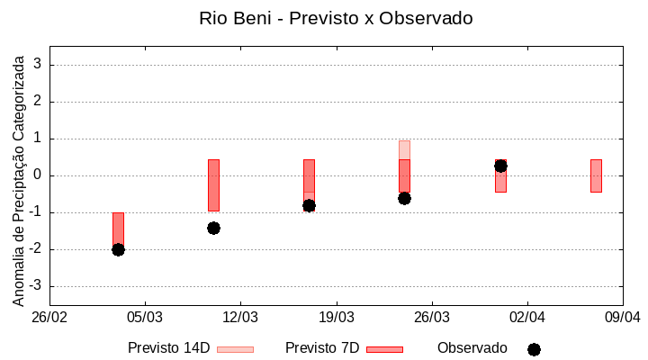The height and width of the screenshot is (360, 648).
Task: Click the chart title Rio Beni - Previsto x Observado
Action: pyautogui.click(x=336, y=18)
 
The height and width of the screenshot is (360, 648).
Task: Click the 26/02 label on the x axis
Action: pyautogui.click(x=49, y=317)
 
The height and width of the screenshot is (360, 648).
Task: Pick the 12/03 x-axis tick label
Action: pyautogui.click(x=240, y=317)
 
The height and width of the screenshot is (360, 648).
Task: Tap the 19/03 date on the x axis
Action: pyautogui.click(x=336, y=317)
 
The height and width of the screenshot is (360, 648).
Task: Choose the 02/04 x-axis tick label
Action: pyautogui.click(x=527, y=317)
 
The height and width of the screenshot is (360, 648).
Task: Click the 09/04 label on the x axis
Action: pyautogui.click(x=622, y=317)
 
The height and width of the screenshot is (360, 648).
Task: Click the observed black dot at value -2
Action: pyautogui.click(x=118, y=249)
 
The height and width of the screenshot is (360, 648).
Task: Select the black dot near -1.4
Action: pyautogui.click(x=213, y=228)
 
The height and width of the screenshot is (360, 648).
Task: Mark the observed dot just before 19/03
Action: pyautogui.click(x=309, y=205)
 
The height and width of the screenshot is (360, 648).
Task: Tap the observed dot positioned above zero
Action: pyautogui.click(x=500, y=166)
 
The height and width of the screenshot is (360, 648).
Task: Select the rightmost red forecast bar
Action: pyautogui.click(x=596, y=175)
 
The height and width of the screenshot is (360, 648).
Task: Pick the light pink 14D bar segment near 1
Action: pyautogui.click(x=404, y=149)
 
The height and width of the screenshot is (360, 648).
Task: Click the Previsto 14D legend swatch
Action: pyautogui.click(x=235, y=349)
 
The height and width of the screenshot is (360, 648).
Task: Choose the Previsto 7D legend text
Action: pyautogui.click(x=322, y=348)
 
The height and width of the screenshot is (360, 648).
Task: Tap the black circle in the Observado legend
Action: pyautogui.click(x=534, y=349)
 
